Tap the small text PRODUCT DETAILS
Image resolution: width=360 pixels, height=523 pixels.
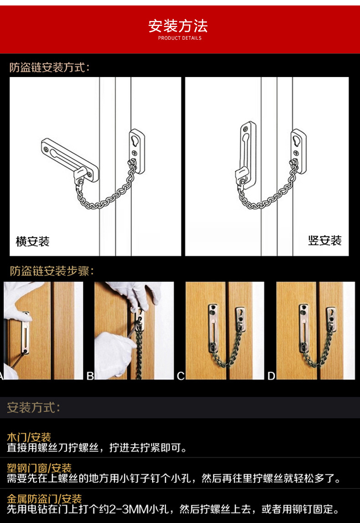pos(180,38)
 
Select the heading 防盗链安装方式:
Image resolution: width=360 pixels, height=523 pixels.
pos(50,67)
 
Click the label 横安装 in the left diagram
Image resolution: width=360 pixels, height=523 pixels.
pos(32,241)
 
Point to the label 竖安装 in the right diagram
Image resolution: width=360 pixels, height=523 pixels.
pos(324,240)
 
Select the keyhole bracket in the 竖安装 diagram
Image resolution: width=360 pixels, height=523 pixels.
pos(298,145)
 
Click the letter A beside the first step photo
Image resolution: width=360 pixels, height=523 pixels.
pos(1,376)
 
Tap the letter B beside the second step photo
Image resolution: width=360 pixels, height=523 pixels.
pos(90,376)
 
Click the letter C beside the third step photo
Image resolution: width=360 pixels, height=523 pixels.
pos(181,376)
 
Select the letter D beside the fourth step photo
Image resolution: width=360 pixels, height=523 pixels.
pos(272,376)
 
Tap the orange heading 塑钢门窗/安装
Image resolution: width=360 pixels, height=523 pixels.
pos(39,468)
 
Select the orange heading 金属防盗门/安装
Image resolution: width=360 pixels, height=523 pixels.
pos(44,498)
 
